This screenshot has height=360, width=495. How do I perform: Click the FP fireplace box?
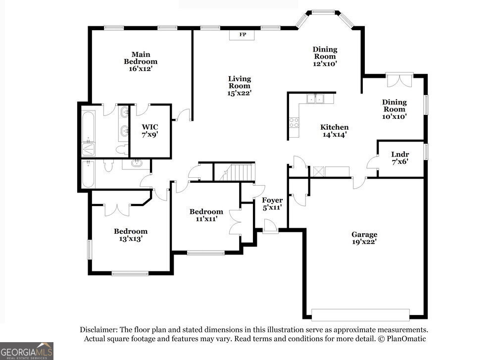242,35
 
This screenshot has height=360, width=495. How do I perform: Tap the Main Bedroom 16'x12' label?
141,61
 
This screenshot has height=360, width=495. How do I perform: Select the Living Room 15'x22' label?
240,86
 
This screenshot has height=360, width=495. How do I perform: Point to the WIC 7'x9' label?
150,131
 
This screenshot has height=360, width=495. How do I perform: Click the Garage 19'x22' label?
364,238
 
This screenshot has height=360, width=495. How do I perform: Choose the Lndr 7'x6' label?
400,158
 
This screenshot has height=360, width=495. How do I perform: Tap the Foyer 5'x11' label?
272,204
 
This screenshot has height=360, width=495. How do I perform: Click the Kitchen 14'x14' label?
334,131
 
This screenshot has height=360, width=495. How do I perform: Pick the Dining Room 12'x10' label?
325,56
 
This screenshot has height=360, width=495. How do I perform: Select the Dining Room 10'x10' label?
395,109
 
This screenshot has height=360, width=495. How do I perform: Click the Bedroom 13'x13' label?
131,235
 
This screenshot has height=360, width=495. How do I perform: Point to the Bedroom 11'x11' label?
206,215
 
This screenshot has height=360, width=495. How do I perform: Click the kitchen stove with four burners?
294,122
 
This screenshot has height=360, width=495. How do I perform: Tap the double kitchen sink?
315,99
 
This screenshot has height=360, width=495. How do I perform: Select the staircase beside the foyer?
238,172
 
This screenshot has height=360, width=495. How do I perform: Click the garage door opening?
360,315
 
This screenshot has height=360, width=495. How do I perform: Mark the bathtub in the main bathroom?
89,127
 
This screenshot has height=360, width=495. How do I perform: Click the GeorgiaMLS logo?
27,351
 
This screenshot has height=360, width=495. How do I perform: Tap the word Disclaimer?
99,330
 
